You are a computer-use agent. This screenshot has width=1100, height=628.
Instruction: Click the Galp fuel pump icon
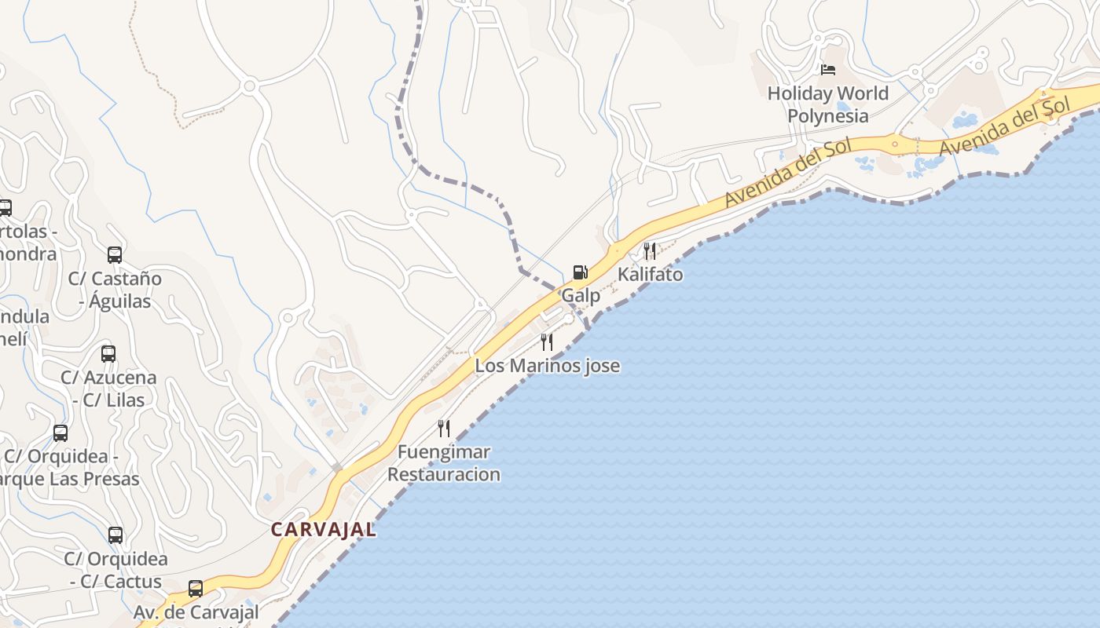580,272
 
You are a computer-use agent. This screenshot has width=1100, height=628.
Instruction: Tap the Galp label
581,296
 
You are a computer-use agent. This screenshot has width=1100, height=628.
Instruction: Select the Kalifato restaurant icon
650,251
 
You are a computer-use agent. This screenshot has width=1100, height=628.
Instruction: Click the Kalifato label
650,275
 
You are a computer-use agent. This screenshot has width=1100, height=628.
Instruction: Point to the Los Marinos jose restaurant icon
547,341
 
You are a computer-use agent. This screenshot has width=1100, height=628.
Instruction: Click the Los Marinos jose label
547,366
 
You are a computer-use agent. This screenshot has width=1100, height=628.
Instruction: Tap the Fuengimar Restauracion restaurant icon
444,428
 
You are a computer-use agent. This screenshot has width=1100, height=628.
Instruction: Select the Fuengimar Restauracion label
444,463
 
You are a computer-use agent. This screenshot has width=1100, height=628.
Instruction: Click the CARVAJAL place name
324,530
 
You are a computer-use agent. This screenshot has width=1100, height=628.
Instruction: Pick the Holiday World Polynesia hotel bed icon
828,70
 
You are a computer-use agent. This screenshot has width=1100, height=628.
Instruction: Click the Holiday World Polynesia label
828,104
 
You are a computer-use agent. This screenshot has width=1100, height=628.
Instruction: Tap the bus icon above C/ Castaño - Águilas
115,254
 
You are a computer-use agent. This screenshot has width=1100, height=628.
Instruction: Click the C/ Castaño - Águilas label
115,290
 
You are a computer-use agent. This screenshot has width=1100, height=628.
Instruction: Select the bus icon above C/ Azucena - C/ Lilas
108,353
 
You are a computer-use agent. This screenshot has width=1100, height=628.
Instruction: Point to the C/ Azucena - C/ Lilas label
108,389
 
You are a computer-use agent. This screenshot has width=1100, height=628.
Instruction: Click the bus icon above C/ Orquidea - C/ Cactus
115,535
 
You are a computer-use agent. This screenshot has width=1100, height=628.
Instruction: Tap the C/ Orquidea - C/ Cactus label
115,571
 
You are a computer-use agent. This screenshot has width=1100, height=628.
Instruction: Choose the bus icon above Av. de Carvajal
196,588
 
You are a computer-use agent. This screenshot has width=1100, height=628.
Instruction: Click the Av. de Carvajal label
196,612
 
